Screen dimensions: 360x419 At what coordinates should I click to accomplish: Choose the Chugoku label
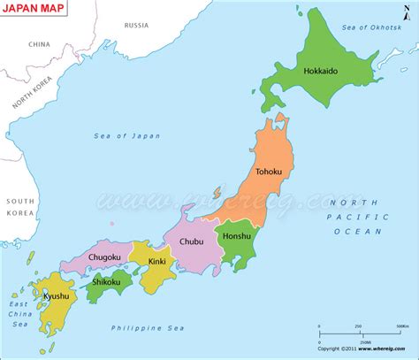point(104,257)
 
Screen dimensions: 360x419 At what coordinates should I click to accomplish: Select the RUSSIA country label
point(136,25)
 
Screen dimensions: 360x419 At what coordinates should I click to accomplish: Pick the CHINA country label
point(39,43)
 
